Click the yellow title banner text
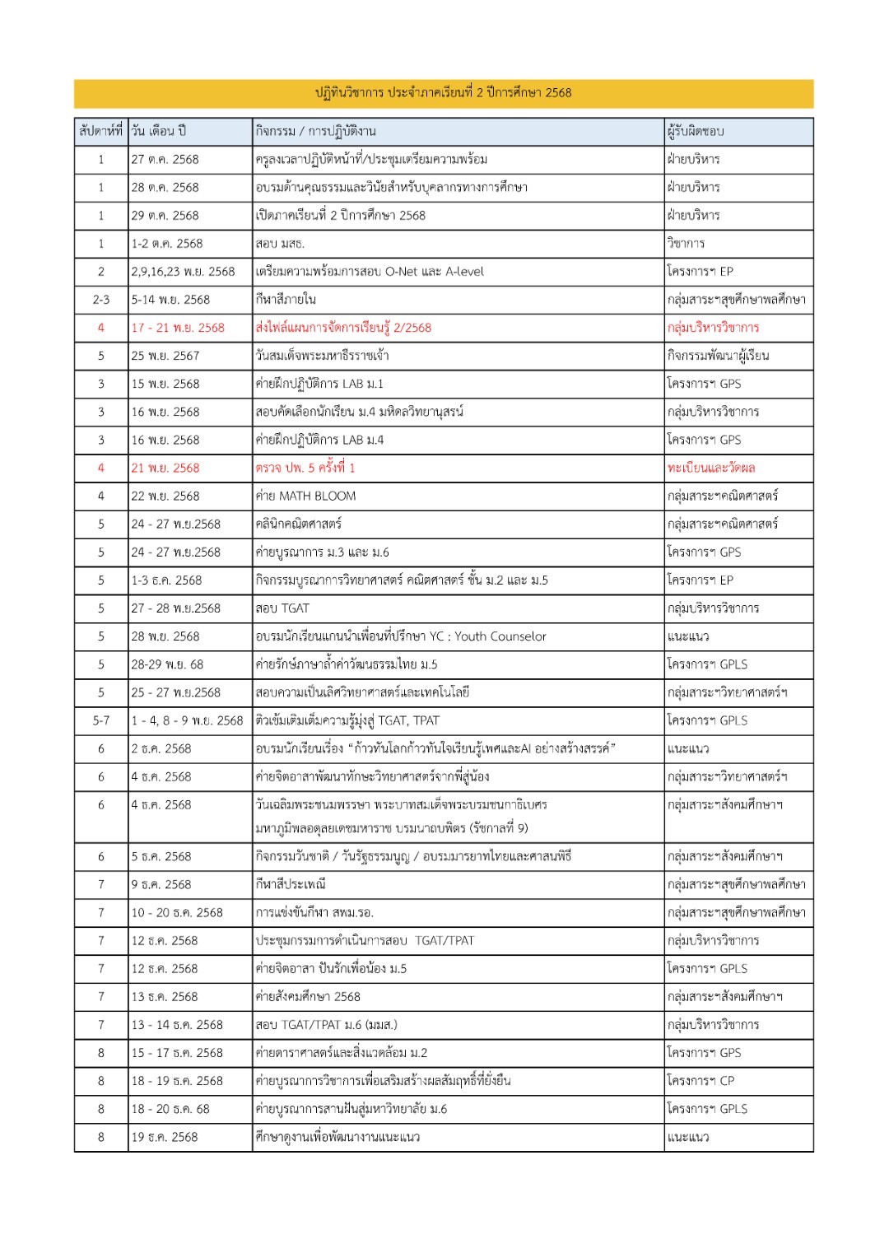[443, 93]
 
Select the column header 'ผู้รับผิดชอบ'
[696, 131]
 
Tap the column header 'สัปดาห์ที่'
[100, 131]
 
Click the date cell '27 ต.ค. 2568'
[165, 160]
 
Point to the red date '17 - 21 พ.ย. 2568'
[178, 328]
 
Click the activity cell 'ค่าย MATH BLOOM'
[306, 496]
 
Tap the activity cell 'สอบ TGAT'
[283, 608]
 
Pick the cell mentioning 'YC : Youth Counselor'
[401, 636]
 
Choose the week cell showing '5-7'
[100, 721]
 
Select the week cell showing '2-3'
[100, 300]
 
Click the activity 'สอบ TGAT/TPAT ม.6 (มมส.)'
[327, 1025]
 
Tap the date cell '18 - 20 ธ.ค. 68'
[170, 1109]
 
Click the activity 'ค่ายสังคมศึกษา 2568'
[308, 997]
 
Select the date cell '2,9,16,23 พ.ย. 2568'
[183, 272]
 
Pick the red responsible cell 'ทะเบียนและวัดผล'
[711, 468]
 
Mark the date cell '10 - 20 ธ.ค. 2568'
[177, 913]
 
